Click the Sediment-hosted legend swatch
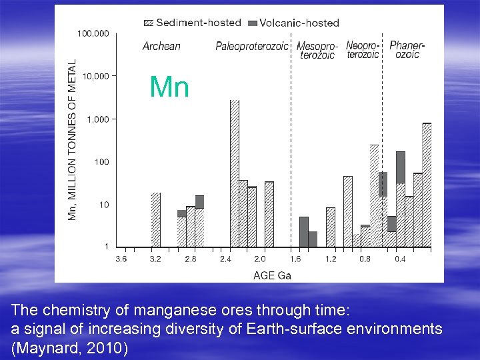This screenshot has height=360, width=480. tap(148, 23)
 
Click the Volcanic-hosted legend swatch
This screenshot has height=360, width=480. tap(251, 23)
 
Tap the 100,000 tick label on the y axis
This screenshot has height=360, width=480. tap(93, 33)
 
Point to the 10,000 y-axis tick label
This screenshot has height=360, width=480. tap(95, 76)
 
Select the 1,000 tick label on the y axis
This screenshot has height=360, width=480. tap(97, 119)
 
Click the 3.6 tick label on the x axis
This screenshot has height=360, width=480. tap(121, 259)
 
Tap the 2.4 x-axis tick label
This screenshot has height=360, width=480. tap(225, 259)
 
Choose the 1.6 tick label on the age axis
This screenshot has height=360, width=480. tap(295, 259)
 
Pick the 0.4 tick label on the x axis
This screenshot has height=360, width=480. tap(400, 259)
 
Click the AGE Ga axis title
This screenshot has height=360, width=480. tap(272, 275)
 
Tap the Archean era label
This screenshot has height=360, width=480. tap(161, 46)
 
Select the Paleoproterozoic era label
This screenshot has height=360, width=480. tap(252, 46)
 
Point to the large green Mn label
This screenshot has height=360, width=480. tap(169, 87)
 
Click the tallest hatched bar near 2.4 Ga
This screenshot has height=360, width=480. tap(234, 173)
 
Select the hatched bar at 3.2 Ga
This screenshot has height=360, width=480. tap(156, 220)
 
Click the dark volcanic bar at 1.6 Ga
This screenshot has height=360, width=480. tap(304, 231)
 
